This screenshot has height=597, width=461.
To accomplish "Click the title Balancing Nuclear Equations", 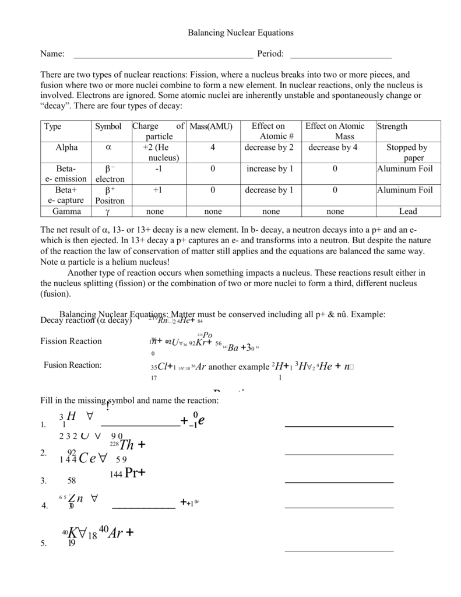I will click(240, 33).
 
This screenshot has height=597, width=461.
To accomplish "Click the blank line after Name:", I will click(163, 57).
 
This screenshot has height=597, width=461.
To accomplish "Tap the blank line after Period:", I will click(340, 57).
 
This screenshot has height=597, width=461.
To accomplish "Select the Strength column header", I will click(392, 127).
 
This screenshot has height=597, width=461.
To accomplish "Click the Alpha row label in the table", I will click(66, 148).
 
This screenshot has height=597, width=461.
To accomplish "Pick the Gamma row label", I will click(66, 212).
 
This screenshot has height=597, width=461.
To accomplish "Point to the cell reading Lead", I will click(408, 212).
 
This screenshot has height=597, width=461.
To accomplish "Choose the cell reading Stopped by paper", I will click(407, 153).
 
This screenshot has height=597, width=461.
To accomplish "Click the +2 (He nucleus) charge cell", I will click(155, 153).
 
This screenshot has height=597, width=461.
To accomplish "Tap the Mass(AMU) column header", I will click(211, 127).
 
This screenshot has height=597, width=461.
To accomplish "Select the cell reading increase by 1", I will click(270, 169).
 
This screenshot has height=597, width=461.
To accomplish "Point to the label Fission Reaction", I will click(71, 341).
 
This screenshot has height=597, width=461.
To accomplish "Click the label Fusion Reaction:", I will click(73, 365).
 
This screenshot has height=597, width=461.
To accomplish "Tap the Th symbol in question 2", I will click(126, 445).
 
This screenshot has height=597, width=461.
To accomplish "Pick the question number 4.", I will click(44, 506).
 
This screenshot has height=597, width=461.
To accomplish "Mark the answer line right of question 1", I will click(339, 426).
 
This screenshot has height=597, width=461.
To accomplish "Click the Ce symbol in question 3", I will click(87, 459).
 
